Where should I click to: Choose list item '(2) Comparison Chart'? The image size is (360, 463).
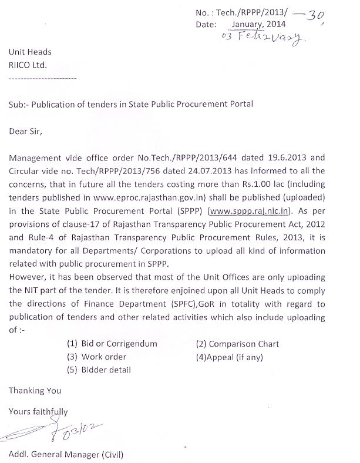click(x=237, y=344)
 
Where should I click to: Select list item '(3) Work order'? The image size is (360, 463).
click(x=96, y=357)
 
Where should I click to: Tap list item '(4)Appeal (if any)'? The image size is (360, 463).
click(x=230, y=357)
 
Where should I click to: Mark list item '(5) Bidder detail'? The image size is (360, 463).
click(x=99, y=370)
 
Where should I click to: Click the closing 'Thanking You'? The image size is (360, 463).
click(x=35, y=390)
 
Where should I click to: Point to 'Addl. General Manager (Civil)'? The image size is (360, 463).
click(x=66, y=455)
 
